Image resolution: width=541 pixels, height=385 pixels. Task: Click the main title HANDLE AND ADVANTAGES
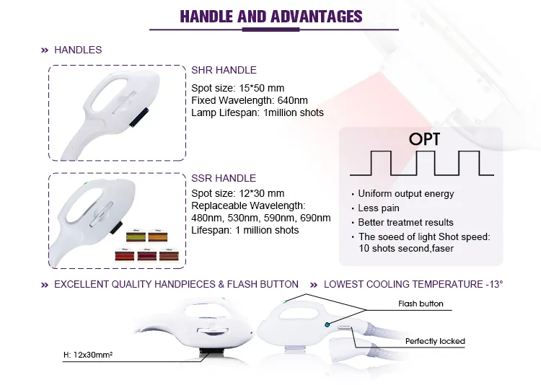click(x=271, y=17)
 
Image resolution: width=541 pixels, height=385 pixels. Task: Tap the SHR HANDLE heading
click(x=224, y=70)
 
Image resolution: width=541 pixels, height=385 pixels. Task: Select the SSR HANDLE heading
click(x=224, y=178)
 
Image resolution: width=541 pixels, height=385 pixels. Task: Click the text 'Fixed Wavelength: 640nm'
click(x=250, y=100)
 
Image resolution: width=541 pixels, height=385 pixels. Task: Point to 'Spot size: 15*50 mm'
click(x=238, y=88)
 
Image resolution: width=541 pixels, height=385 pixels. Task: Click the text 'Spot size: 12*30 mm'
click(x=238, y=193)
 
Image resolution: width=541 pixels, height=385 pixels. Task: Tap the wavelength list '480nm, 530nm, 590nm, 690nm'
click(x=261, y=218)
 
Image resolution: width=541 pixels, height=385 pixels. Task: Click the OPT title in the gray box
click(x=424, y=139)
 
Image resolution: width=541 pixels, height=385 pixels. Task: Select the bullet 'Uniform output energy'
click(x=405, y=194)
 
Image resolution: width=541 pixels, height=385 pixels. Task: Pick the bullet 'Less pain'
click(x=379, y=208)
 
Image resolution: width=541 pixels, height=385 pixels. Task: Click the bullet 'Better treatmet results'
click(x=405, y=223)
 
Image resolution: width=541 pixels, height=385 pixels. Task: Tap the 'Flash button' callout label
click(x=421, y=304)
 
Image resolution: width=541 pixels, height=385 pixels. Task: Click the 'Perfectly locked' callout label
click(x=435, y=341)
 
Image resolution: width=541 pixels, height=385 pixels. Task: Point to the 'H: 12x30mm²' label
click(x=88, y=355)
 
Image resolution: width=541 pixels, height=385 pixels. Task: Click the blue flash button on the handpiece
click(x=327, y=324)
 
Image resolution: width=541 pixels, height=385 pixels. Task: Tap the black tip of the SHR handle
click(x=139, y=118)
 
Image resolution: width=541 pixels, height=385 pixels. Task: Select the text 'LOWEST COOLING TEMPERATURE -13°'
click(x=413, y=284)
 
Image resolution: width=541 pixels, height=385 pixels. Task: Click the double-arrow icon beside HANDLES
click(x=45, y=50)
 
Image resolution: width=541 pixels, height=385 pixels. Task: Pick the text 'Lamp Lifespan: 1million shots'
click(x=258, y=112)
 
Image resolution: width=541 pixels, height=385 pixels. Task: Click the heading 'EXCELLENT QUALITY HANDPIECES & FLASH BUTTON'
click(x=176, y=284)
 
